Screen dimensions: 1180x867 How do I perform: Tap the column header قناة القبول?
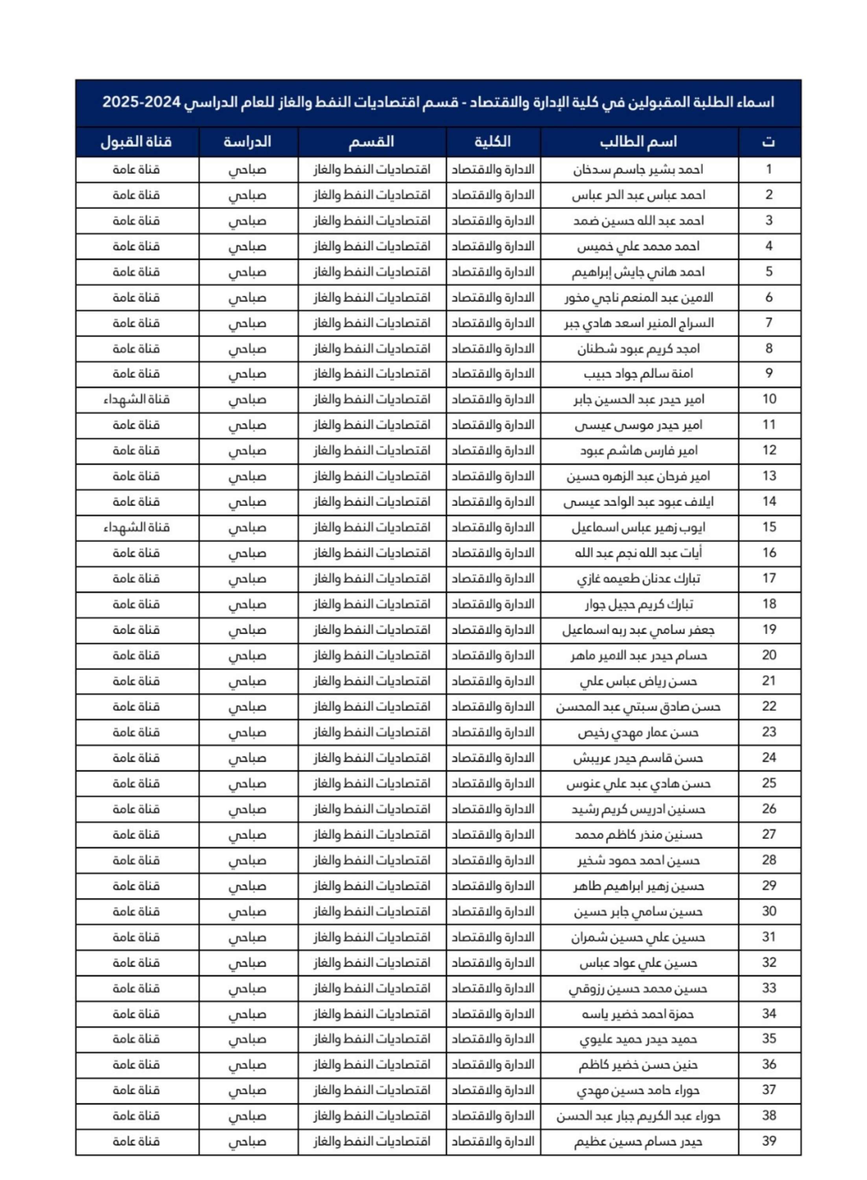click(x=137, y=142)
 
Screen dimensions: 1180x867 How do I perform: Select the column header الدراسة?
click(x=248, y=142)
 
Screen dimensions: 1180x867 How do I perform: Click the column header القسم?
click(x=372, y=142)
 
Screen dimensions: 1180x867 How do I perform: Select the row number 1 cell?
click(x=769, y=170)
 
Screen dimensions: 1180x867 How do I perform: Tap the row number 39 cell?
click(x=769, y=1141)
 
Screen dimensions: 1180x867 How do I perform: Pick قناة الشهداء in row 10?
click(x=137, y=400)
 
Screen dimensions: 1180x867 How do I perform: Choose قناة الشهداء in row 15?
click(x=137, y=527)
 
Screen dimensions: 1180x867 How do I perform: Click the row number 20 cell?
click(x=769, y=655)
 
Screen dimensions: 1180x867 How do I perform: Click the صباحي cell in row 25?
click(x=248, y=784)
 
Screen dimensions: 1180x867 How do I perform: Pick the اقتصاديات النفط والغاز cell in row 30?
click(x=372, y=911)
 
